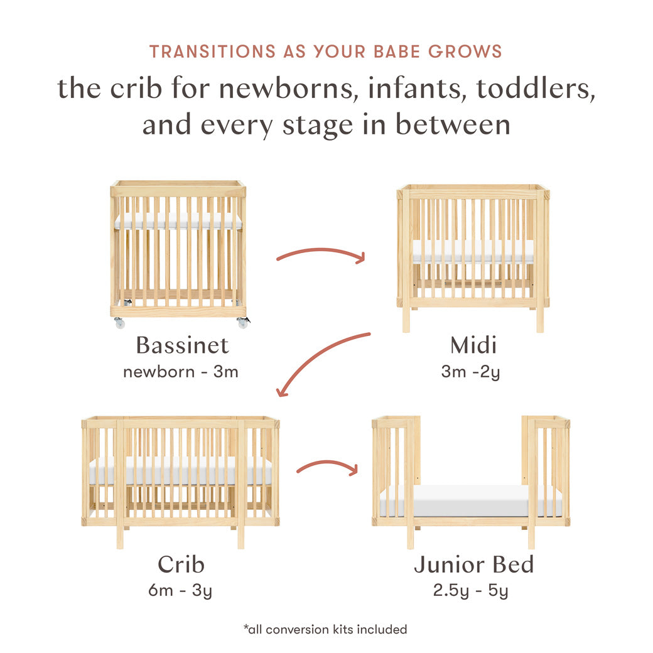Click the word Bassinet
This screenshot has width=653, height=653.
click(x=182, y=345)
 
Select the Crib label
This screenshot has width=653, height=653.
click(x=181, y=564)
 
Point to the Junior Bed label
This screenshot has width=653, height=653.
click(x=473, y=564)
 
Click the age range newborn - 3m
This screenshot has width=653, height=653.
click(x=181, y=371)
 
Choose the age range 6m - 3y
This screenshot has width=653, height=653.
click(x=181, y=590)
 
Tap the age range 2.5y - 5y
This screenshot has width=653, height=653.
click(x=470, y=590)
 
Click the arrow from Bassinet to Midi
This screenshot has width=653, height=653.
click(x=321, y=254)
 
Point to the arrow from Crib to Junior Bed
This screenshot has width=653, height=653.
click(x=326, y=467)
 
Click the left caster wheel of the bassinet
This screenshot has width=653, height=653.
click(x=119, y=323)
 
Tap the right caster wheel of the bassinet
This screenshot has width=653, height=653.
click(x=242, y=323)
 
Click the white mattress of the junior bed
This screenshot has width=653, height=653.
click(x=471, y=500)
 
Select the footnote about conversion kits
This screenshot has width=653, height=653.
click(x=325, y=629)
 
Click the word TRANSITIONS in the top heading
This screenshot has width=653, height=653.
click(x=213, y=51)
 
